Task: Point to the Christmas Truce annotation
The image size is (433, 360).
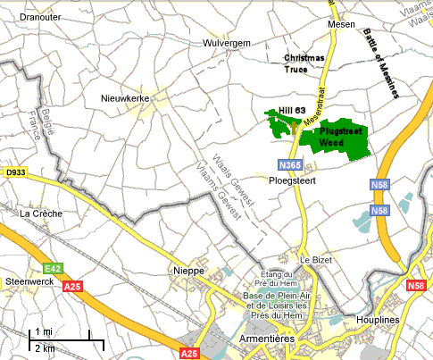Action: point(304,63)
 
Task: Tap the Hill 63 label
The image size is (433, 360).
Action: point(291,109)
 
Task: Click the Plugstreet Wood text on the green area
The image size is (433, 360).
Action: point(339,135)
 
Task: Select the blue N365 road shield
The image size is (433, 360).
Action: point(289,165)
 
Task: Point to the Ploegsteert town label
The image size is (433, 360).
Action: point(293,180)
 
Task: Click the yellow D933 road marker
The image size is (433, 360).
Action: point(14,172)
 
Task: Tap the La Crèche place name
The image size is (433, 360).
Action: point(39,213)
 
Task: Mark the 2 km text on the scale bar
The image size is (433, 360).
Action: point(44,347)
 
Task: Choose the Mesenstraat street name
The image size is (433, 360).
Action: point(314,109)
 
